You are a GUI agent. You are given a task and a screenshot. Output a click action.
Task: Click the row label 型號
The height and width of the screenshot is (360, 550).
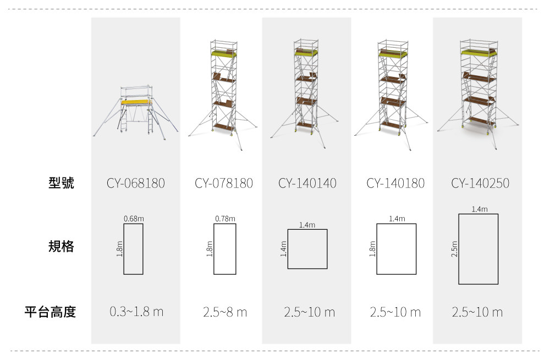pos(62,182)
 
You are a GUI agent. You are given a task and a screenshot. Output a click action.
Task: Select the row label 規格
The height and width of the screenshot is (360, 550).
pos(62,246)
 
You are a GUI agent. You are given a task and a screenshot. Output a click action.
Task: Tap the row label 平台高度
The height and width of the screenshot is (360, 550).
pos(50,311)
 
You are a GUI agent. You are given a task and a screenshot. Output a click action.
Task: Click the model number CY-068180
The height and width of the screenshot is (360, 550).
pos(136,183)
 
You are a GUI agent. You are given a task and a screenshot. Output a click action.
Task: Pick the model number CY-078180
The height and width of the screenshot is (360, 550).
pos(224,183)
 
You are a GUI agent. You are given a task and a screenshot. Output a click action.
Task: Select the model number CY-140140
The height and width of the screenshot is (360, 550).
pos(307,183)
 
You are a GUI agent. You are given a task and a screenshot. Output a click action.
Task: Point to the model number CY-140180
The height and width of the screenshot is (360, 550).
pos(395,183)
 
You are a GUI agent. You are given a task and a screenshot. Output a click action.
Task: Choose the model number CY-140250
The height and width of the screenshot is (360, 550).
pos(480,183)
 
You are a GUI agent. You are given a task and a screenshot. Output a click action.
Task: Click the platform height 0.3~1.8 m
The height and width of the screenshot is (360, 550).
pos(136,311)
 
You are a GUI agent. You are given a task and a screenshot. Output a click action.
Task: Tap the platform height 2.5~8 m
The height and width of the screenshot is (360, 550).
pos(225,312)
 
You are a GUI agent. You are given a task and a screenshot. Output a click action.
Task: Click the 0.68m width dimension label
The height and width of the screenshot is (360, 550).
pos(134,219)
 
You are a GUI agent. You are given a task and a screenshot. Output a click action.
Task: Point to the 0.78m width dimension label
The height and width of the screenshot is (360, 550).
pos(225,219)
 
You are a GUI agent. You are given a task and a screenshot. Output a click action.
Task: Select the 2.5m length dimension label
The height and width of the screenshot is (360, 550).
pos(454,249)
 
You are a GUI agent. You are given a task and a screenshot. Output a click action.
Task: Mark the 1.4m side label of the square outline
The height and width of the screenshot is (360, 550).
pos(283,249)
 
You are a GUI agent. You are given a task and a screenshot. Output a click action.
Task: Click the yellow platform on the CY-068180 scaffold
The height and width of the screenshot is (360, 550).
pos(136,102)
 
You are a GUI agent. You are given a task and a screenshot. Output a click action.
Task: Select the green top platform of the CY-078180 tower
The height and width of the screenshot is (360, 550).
pos(224,53)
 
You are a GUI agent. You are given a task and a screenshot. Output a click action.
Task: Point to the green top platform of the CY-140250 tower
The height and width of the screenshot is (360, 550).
pos(479,53)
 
